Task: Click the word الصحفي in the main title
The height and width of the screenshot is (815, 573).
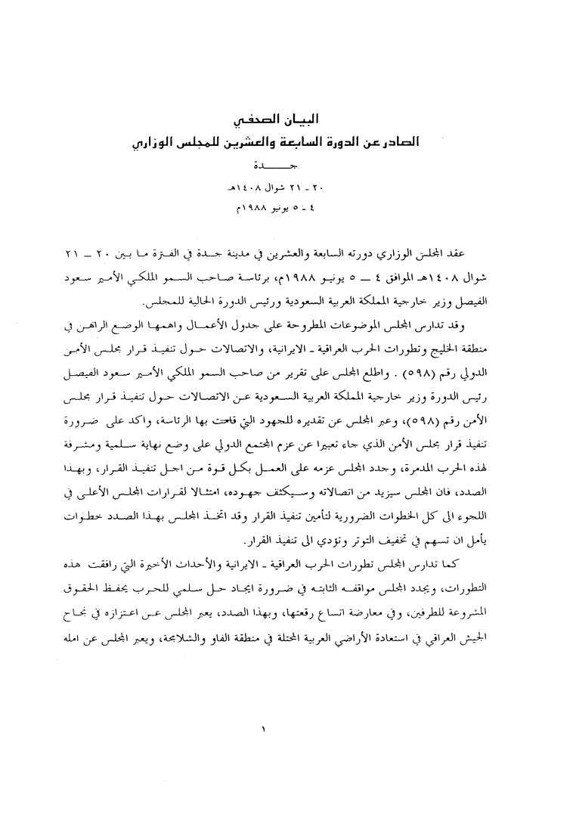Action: [255, 119]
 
